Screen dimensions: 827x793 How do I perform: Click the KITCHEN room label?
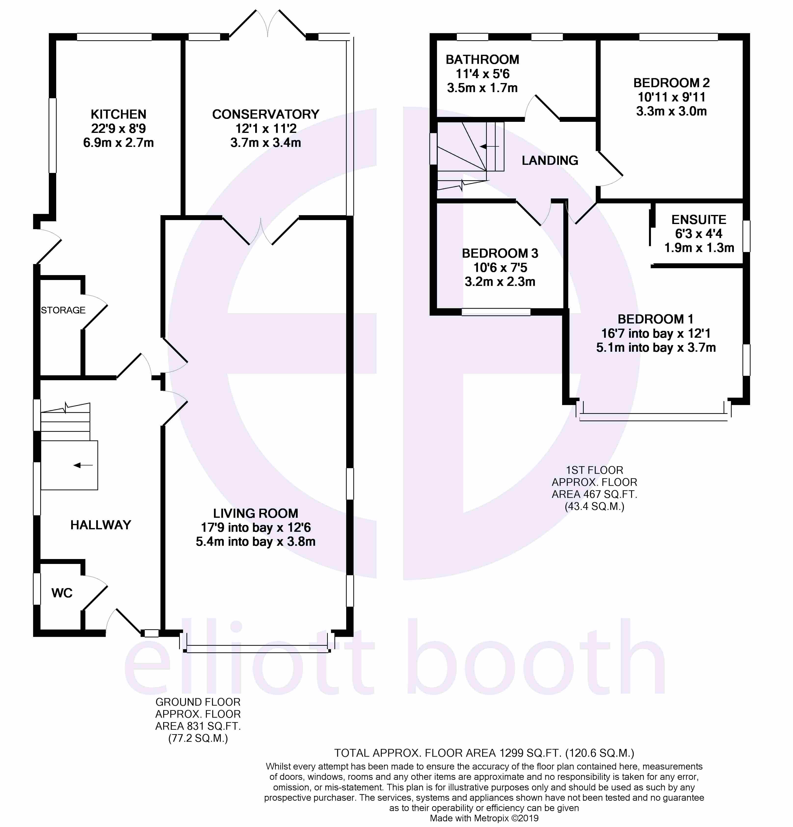(x=119, y=114)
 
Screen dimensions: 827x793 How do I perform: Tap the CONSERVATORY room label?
(x=265, y=114)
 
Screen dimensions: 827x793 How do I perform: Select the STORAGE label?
(x=63, y=310)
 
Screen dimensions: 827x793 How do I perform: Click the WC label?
(x=62, y=593)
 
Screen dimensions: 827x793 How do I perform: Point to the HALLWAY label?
(x=101, y=525)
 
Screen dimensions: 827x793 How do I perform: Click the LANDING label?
(x=550, y=160)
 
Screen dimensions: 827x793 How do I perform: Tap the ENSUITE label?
(x=699, y=220)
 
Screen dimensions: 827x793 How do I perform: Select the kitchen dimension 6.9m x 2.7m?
(x=119, y=143)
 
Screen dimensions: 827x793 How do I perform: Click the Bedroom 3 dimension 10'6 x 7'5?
(x=500, y=267)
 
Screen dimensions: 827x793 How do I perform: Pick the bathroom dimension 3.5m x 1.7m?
(x=482, y=88)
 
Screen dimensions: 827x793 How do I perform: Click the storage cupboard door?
(x=95, y=310)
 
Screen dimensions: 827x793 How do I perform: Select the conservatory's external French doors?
(x=267, y=23)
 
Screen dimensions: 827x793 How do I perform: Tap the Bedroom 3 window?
(x=496, y=312)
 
